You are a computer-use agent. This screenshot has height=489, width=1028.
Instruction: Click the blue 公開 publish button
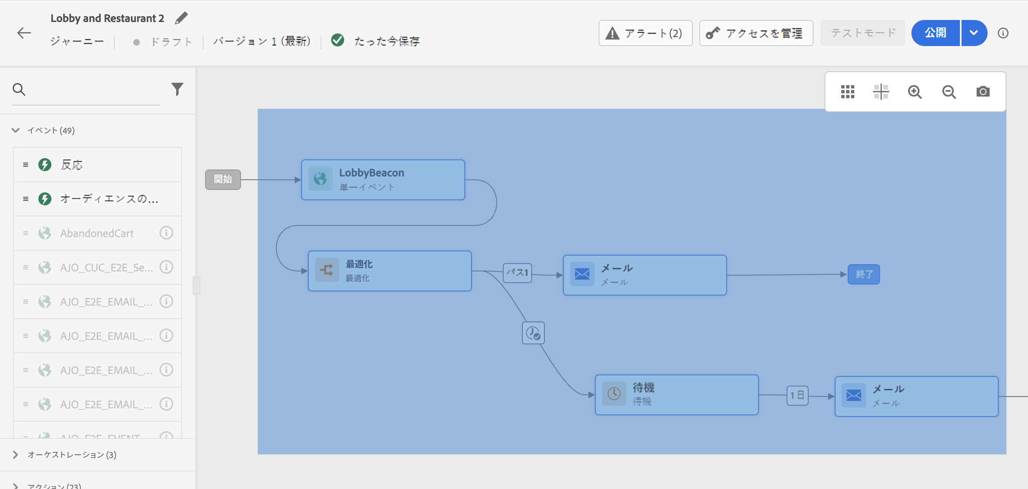click(935, 33)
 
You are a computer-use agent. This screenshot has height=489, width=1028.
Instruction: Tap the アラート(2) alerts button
click(645, 33)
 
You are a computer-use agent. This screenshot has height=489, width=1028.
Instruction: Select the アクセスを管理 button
click(756, 33)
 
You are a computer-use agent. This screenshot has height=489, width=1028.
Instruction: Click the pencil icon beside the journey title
click(181, 18)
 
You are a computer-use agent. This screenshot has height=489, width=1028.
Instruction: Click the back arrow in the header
click(24, 33)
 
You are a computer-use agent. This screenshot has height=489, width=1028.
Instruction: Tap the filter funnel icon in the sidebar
click(177, 89)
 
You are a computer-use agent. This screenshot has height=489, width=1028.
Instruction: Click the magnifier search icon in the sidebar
click(19, 89)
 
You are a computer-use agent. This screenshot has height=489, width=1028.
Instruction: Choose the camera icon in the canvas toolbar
click(983, 92)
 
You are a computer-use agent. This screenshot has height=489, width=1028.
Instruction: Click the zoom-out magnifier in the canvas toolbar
click(949, 92)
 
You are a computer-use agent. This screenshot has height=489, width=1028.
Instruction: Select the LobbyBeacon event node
click(383, 180)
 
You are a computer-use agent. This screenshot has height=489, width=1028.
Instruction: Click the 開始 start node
click(223, 179)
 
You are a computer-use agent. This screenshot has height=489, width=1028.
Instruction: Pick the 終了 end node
click(864, 274)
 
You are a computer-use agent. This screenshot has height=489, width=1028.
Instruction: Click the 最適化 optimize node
click(389, 271)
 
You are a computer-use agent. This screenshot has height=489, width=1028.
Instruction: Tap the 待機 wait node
click(676, 394)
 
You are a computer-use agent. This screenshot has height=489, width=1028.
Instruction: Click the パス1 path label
click(517, 273)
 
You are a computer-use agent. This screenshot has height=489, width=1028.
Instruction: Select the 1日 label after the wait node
click(797, 395)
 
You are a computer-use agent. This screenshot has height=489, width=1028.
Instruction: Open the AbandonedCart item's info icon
click(166, 233)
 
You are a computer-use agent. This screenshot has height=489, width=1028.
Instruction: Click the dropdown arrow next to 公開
click(974, 33)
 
